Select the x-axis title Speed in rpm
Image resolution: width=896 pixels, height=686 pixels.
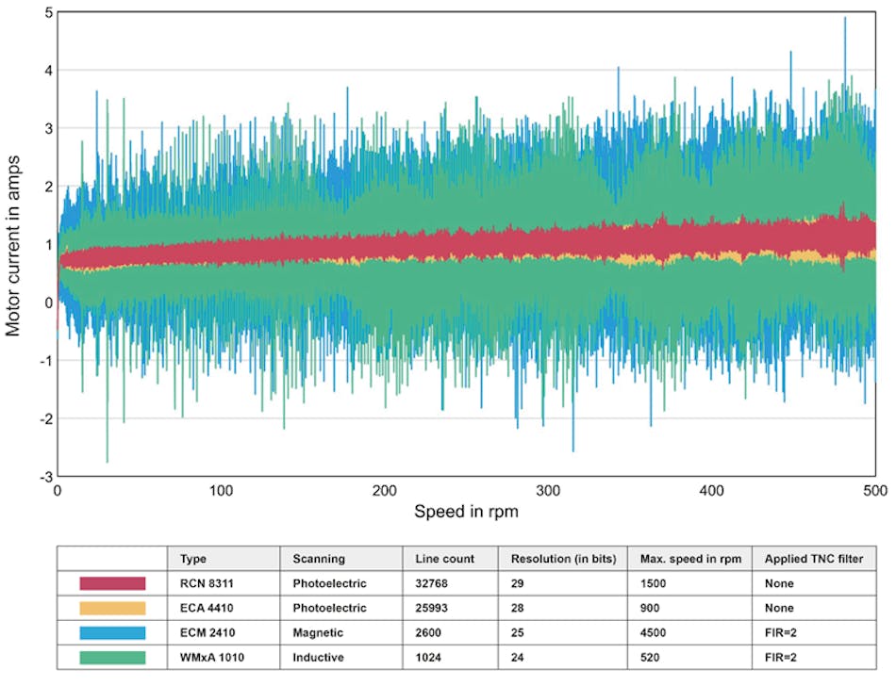coord(466,512)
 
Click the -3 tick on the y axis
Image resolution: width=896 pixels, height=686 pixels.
coord(43,476)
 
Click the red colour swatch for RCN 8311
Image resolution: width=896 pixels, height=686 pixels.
coord(112,584)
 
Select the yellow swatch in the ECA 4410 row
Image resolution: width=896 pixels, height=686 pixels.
coord(112,609)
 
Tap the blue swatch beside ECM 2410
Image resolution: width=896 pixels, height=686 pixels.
coord(112,632)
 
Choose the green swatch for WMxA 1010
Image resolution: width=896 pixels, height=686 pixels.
coord(112,657)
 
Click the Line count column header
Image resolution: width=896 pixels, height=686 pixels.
coord(444,559)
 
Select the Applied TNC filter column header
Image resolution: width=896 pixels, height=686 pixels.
coord(813,559)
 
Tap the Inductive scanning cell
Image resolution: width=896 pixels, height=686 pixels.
coord(319,657)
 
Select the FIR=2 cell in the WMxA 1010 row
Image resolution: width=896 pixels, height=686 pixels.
coord(780,657)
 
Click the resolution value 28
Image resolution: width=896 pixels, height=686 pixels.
coord(516,609)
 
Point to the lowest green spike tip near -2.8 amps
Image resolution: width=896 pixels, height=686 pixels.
coord(107,462)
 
